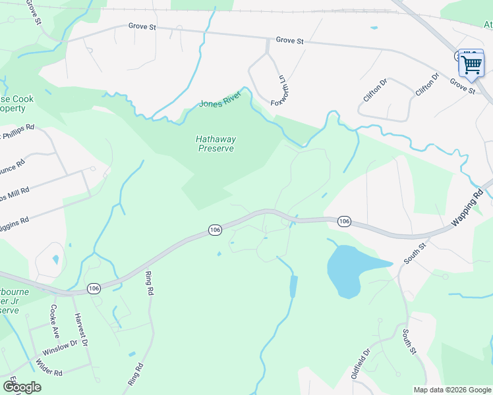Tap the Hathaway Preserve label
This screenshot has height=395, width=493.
point(216,144)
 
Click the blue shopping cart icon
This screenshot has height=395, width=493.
point(471,65)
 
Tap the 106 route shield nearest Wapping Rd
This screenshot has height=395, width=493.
point(343,221)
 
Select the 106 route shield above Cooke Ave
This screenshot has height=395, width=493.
point(94,288)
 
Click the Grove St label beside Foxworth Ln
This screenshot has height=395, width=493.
point(289,40)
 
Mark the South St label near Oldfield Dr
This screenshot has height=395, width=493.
point(408,340)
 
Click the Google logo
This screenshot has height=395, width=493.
point(22,387)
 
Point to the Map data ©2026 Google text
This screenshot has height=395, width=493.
point(452,390)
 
